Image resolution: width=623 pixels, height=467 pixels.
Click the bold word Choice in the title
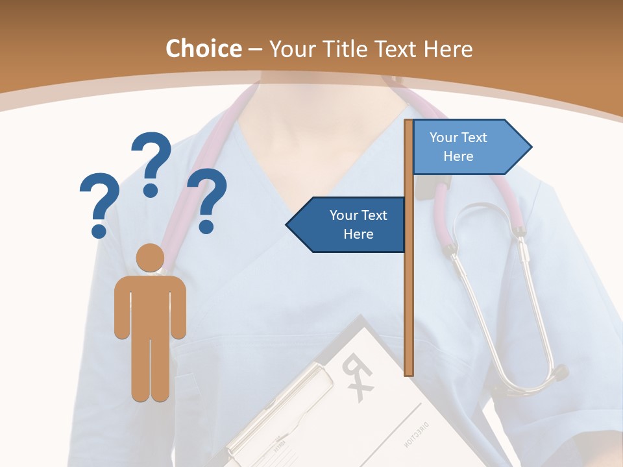click(203, 49)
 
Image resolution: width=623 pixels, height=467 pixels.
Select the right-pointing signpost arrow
click(471, 147)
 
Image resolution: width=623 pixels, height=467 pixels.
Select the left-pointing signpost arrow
click(347, 224)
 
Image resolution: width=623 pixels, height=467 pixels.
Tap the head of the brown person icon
click(150, 257)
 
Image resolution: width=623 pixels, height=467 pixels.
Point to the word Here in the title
click(448, 49)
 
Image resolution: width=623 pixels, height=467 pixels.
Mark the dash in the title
click(254, 50)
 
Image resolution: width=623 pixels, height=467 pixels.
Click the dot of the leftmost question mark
click(99, 230)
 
